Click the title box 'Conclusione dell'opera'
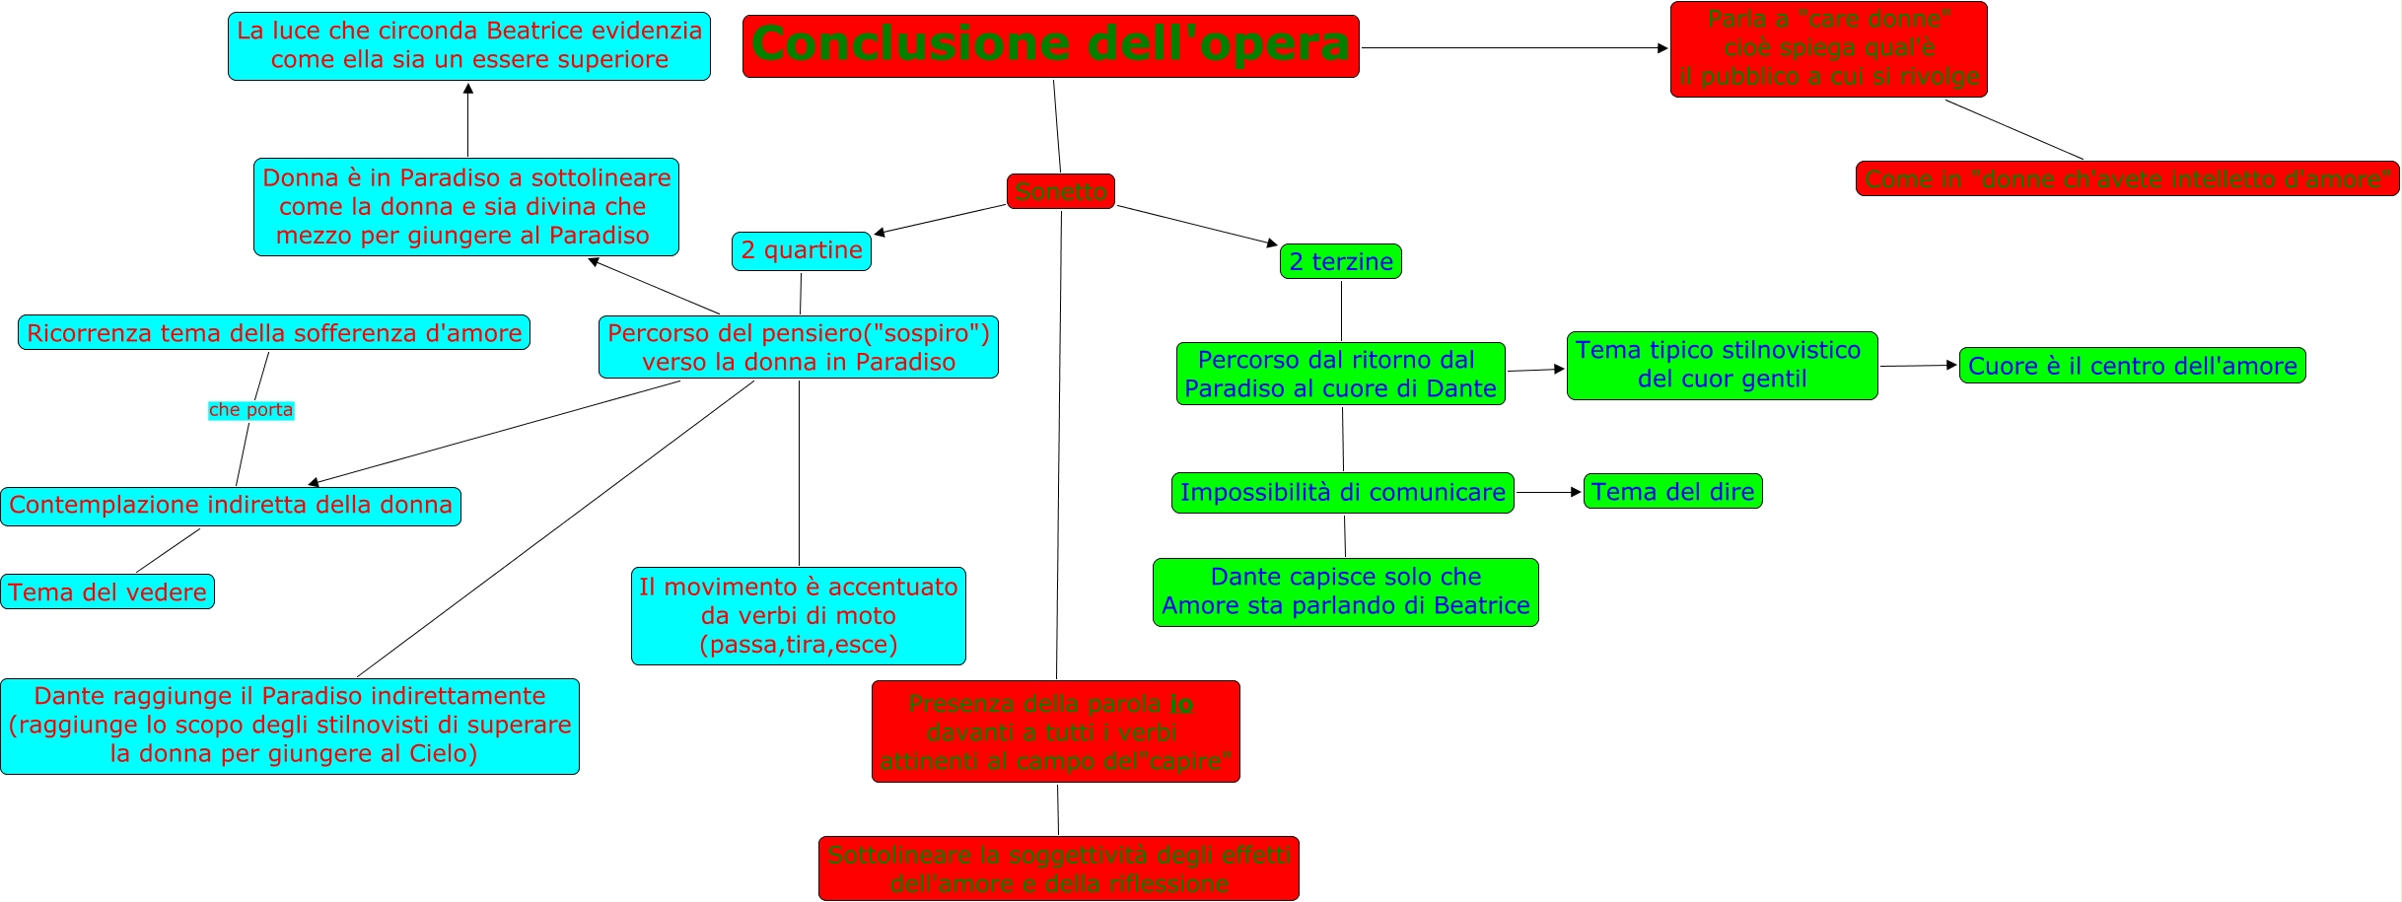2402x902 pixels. (1050, 45)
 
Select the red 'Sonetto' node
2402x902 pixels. (1060, 191)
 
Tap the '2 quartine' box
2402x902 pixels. (801, 250)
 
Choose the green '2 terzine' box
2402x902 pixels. (1340, 261)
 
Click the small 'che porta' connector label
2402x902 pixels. (250, 410)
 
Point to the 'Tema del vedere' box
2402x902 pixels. (107, 591)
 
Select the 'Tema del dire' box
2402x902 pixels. (1672, 491)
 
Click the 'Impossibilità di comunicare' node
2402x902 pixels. (1342, 492)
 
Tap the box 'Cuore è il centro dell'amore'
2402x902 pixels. (2132, 366)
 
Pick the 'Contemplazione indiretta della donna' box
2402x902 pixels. (230, 506)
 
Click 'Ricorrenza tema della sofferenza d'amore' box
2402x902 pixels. (274, 332)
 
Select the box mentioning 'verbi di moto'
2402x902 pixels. (798, 615)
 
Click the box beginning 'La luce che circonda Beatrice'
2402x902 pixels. (469, 45)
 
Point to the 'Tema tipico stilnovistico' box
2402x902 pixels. (1722, 365)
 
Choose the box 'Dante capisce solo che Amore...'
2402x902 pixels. (1345, 591)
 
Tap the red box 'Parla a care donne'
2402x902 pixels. (1828, 49)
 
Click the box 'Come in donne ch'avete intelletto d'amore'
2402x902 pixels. (2127, 178)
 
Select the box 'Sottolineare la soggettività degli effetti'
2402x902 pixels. (1058, 867)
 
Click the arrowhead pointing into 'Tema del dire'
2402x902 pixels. (1577, 491)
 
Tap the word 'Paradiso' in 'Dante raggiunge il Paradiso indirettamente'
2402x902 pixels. (313, 696)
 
